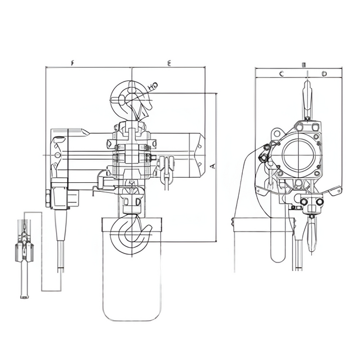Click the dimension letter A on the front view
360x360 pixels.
[x=212, y=167]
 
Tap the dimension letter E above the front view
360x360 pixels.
[x=169, y=63]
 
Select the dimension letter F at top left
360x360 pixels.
[x=73, y=63]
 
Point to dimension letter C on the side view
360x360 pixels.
[x=281, y=73]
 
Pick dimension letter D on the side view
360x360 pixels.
[x=324, y=73]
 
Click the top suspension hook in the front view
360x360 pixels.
[x=131, y=98]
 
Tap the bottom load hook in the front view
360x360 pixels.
[x=133, y=234]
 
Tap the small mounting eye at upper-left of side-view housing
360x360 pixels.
[x=276, y=132]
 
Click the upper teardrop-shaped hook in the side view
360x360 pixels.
[x=306, y=98]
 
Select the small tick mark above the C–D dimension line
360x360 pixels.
[x=303, y=64]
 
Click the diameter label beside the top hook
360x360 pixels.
[x=153, y=85]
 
